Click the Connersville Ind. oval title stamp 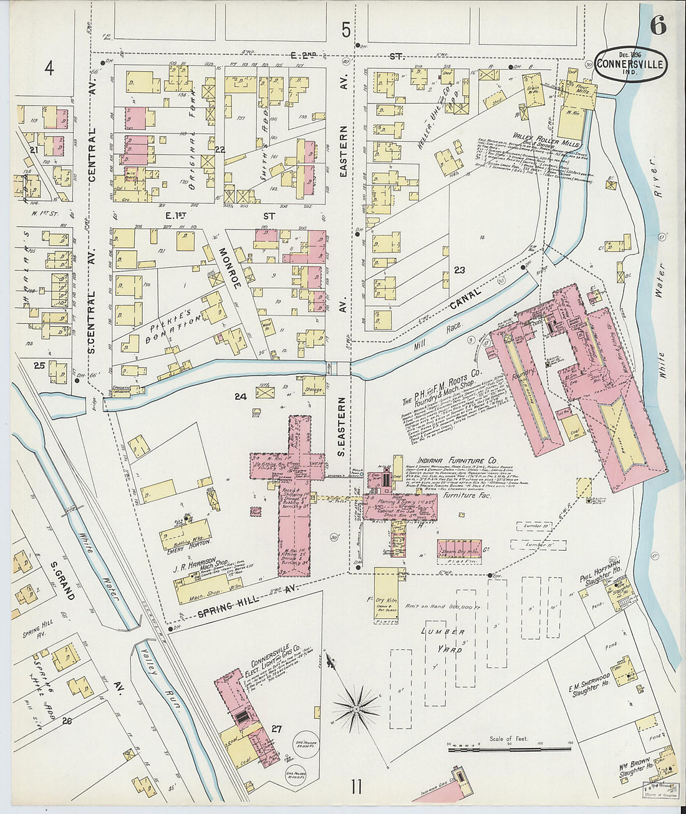point(630,64)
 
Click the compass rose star point(357,707)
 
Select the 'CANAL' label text point(465,301)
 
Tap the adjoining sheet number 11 point(355,787)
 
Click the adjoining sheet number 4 point(49,67)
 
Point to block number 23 point(460,270)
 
